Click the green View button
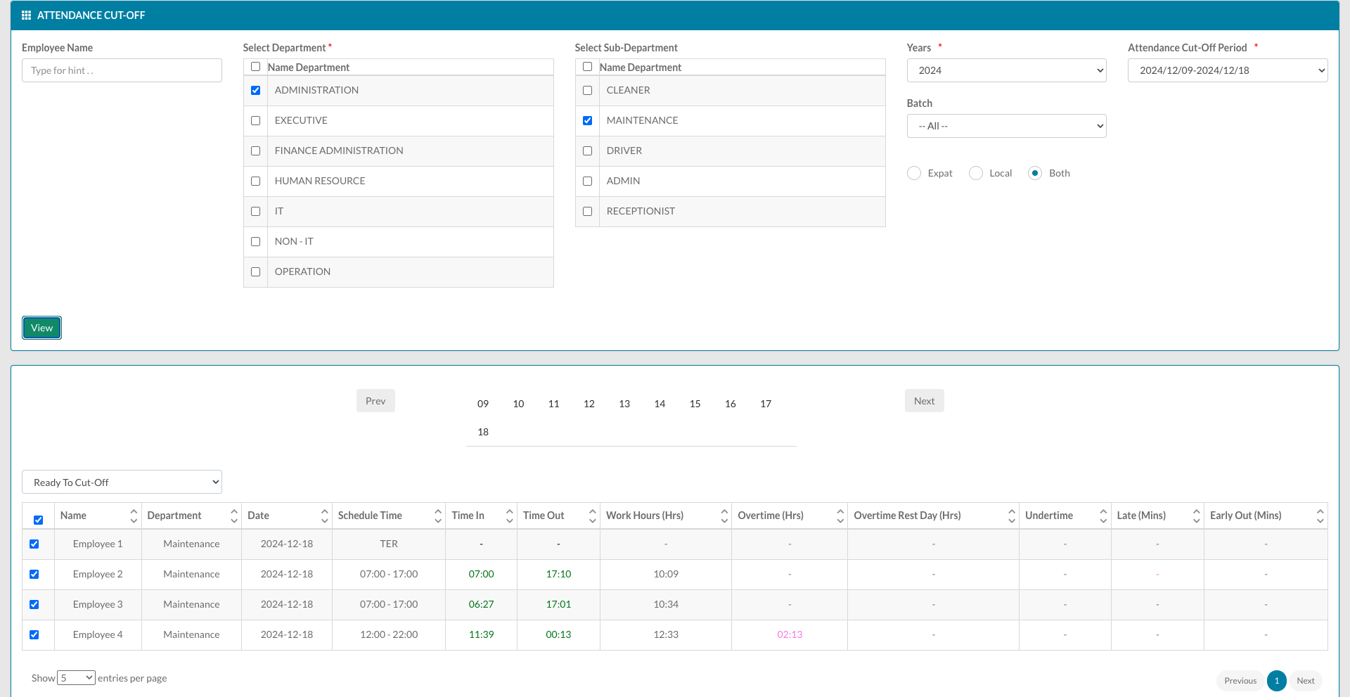41,328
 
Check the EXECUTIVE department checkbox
256,121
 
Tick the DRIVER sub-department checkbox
588,151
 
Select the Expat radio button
914,173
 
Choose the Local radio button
976,173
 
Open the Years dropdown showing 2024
1006,70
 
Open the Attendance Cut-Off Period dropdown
1228,70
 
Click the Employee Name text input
122,70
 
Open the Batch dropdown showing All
1006,126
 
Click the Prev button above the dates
375,401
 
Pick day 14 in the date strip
660,404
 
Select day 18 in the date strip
483,432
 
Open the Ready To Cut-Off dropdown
122,482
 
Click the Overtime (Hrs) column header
771,516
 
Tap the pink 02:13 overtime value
790,634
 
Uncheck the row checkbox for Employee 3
34,605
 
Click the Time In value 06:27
482,604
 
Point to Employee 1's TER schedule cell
389,544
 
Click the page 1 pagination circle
1277,680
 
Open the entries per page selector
76,678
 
